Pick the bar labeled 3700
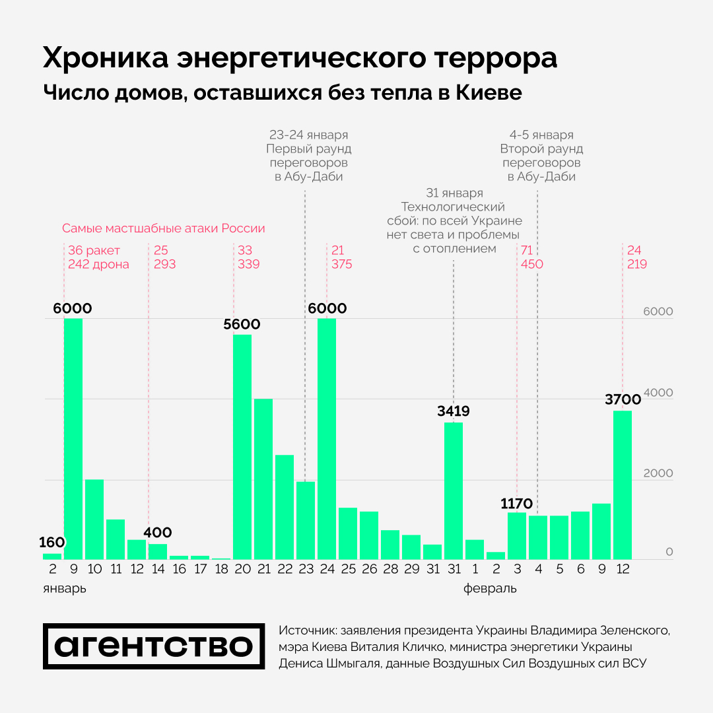coord(623,485)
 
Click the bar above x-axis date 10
coord(94,519)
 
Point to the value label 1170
coord(516,504)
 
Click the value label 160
coord(52,543)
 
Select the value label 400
coord(158,533)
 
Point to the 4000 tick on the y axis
coord(660,393)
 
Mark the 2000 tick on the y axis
coord(660,473)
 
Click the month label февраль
coord(489,588)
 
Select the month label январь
coord(64,588)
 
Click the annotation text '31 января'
coord(454,193)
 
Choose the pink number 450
coord(531,264)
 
